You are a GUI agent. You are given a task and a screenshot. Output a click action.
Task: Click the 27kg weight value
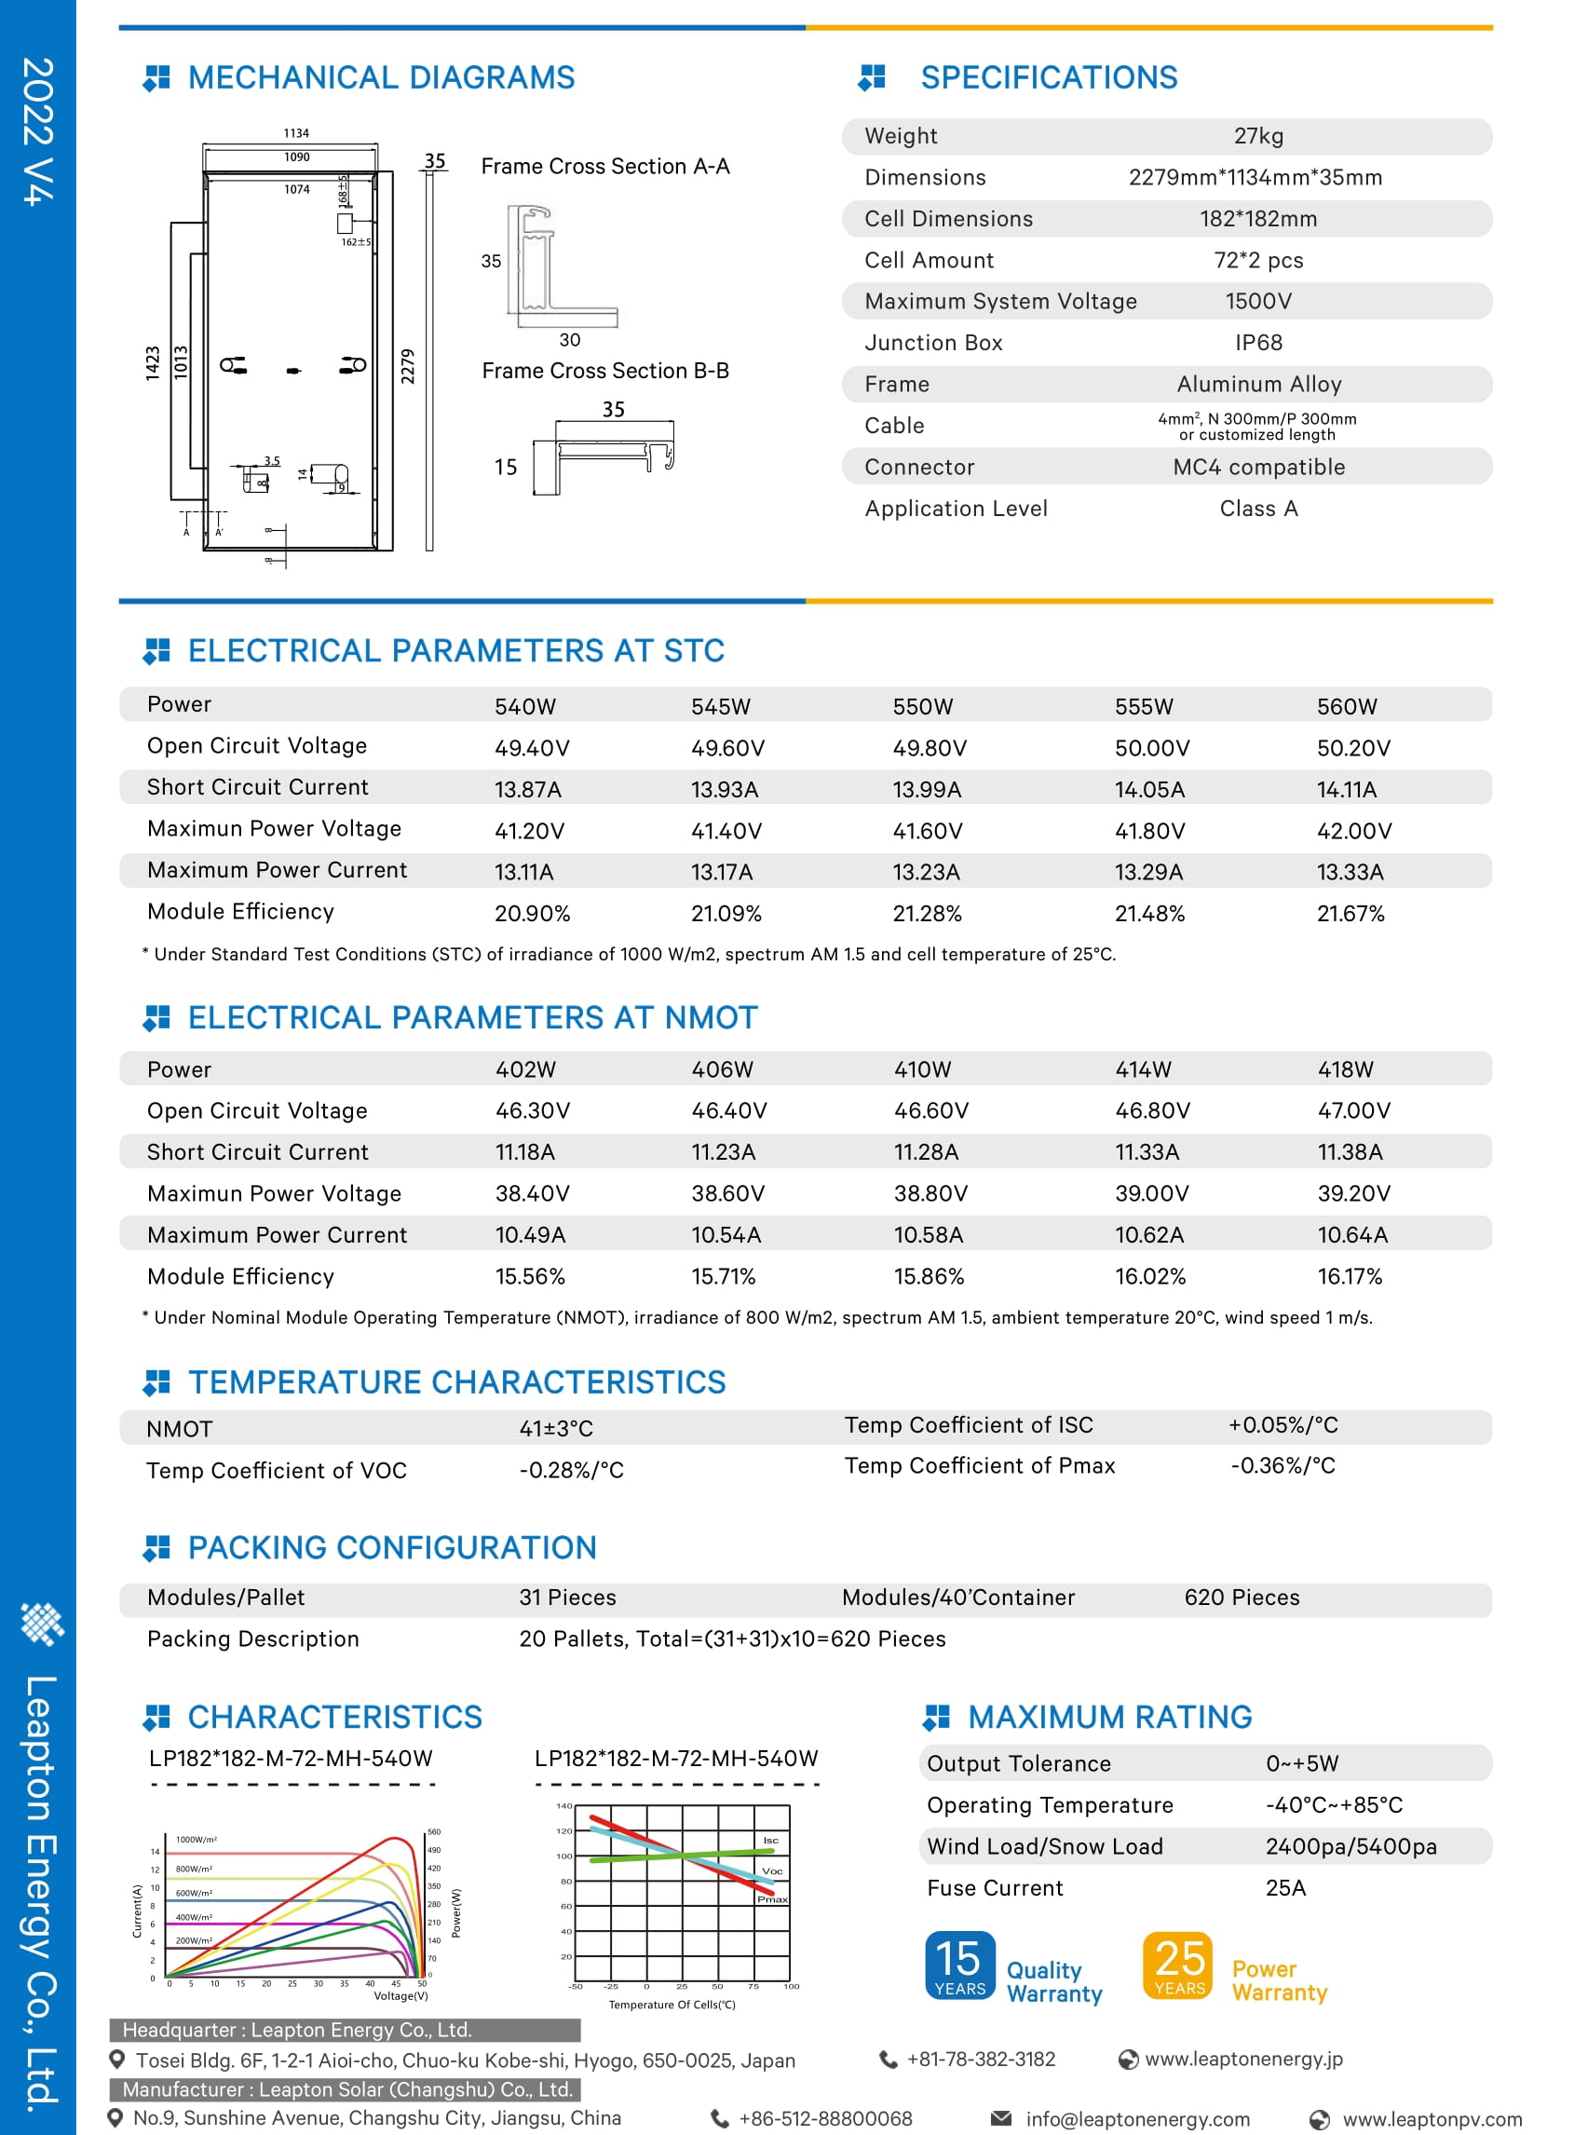(1257, 137)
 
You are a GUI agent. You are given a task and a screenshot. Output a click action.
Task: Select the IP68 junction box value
(1257, 343)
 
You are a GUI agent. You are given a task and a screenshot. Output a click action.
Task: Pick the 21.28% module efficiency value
(927, 913)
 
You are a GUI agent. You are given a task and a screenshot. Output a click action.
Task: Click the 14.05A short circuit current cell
(1148, 789)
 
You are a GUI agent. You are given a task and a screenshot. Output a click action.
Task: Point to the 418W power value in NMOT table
(1345, 1069)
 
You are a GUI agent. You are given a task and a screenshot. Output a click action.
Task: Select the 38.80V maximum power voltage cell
(930, 1193)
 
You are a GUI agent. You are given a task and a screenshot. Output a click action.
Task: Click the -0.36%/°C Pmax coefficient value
(1283, 1465)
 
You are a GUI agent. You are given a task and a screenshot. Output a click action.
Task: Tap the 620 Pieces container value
(1241, 1597)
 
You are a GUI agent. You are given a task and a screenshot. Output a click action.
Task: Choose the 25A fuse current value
(1285, 1888)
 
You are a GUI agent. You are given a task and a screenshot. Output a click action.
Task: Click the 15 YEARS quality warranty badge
(959, 1965)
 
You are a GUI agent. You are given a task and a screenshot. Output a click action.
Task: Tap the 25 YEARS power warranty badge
(1178, 1965)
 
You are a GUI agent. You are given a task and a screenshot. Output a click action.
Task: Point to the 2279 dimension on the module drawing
(408, 366)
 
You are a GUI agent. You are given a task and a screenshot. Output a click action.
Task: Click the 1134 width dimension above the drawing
(296, 133)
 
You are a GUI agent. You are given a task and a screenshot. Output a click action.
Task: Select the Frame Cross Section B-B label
(604, 371)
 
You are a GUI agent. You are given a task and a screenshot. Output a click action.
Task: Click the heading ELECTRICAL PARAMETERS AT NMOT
(472, 1017)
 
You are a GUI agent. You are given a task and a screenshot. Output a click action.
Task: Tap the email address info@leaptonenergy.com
(1137, 2118)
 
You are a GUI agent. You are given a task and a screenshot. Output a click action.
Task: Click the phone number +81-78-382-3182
(980, 2059)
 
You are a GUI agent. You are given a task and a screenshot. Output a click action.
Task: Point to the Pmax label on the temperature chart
(772, 1898)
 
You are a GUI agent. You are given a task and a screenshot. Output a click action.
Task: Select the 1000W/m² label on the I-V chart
(196, 1839)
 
